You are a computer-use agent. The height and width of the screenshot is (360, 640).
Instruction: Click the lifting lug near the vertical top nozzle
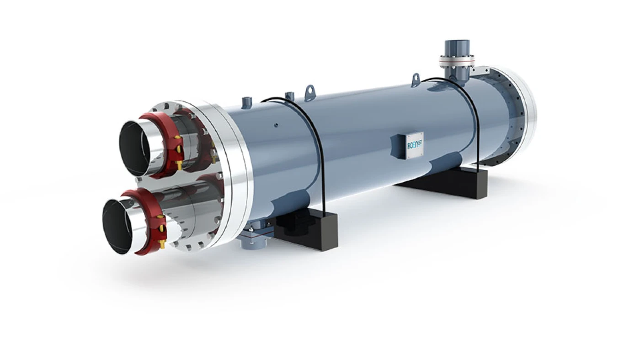(416, 79)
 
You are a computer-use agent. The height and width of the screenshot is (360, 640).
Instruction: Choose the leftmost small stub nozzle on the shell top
(247, 101)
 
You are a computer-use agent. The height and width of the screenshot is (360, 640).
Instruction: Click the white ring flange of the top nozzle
(457, 60)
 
